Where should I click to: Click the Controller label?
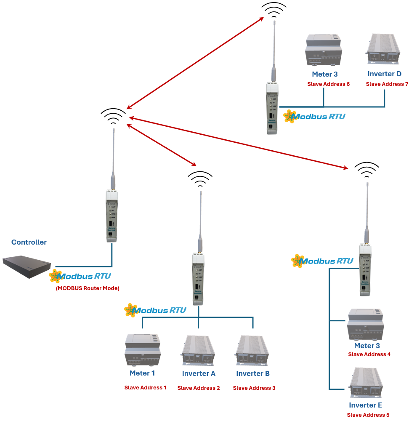pos(29,242)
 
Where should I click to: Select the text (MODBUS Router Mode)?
pos(88,288)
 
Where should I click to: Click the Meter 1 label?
pos(142,373)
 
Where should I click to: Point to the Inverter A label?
pos(199,373)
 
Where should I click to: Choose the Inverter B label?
pos(253,373)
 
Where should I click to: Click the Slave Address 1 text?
pos(145,387)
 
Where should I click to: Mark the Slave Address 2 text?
pos(199,388)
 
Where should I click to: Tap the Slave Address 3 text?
pos(254,388)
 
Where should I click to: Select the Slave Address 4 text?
pos(369,354)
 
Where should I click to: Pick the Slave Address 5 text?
pos(368,415)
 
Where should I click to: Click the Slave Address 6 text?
pos(329,84)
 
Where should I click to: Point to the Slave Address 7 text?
pos(387,84)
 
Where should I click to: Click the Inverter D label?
pos(385,74)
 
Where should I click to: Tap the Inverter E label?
pos(366,405)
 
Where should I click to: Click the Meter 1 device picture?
pos(143,350)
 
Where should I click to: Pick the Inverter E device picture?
pos(366,384)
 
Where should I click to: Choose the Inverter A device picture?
pos(198,350)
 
